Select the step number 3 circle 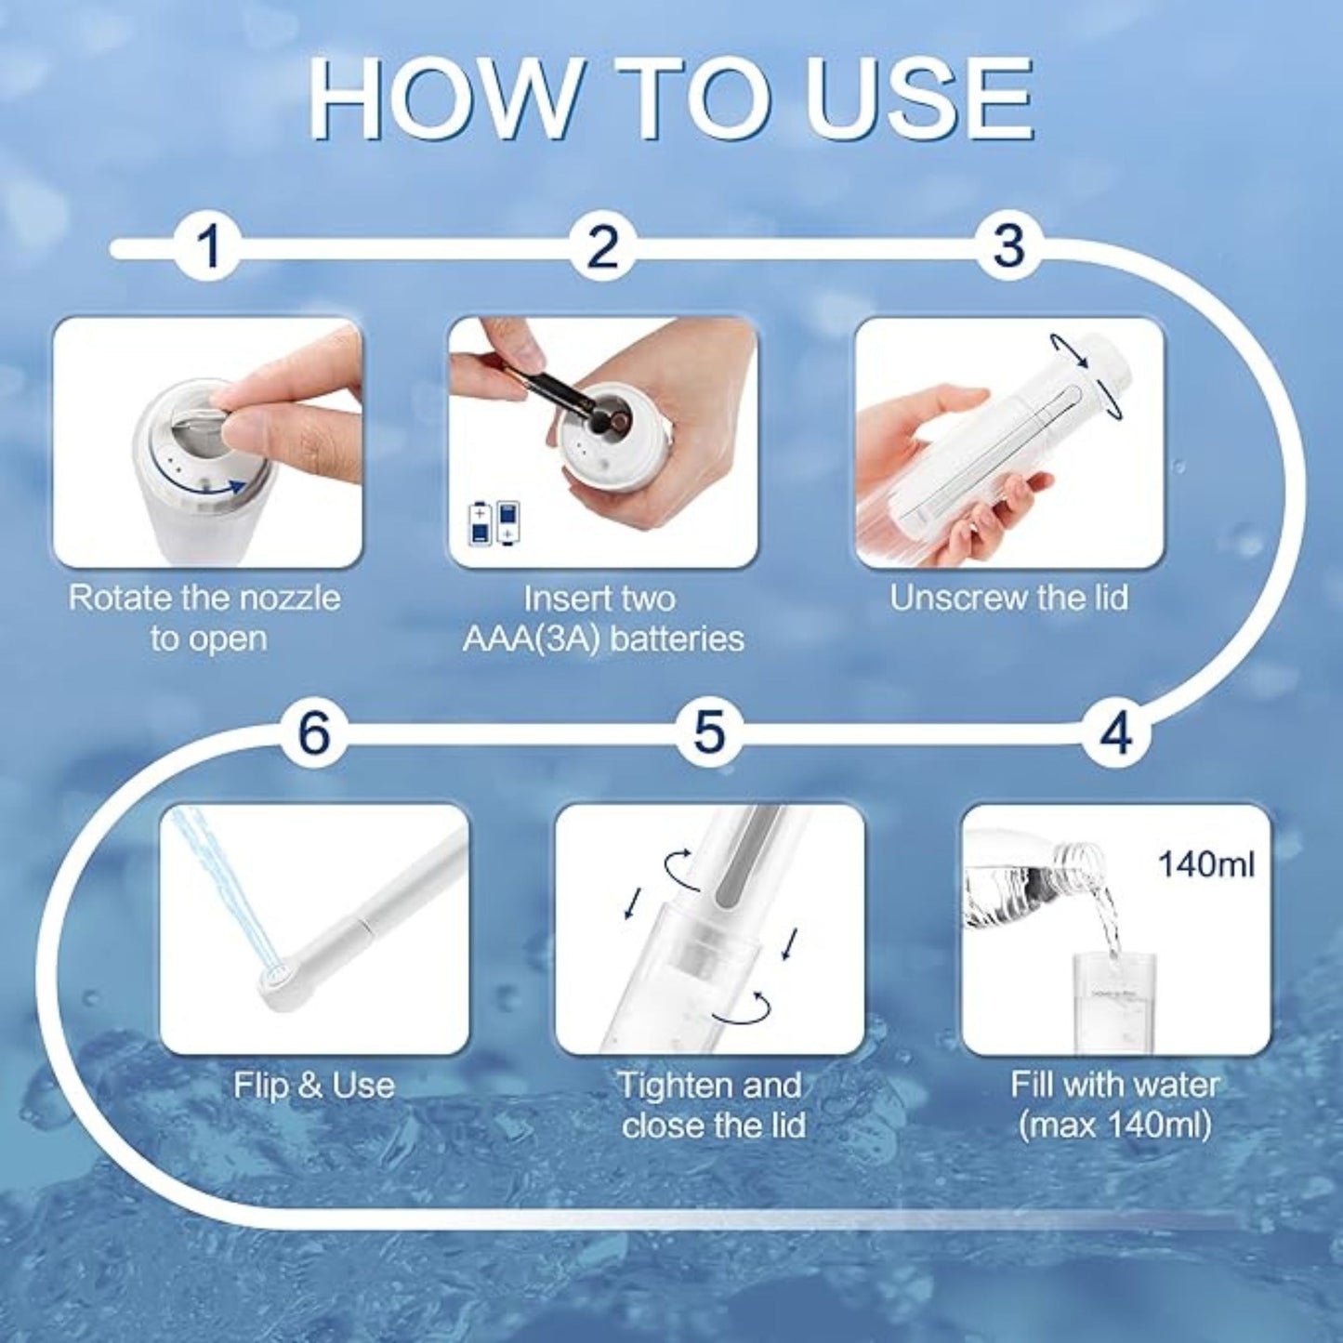click(1009, 247)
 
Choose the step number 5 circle click(708, 732)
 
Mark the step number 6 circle click(313, 732)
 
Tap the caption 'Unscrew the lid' click(1008, 598)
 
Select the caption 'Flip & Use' click(313, 1085)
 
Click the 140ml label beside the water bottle click(1205, 864)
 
